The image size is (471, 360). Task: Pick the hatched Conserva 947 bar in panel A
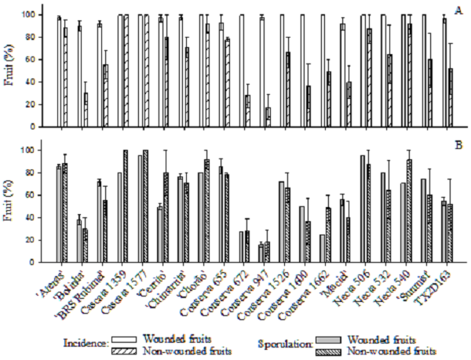[268, 117]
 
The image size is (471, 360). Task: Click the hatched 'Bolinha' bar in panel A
[85, 110]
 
